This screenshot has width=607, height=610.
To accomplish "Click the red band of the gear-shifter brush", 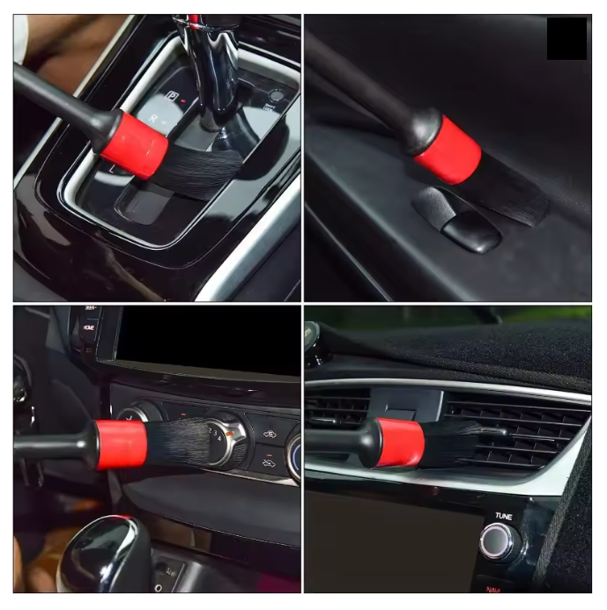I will pyautogui.click(x=135, y=143).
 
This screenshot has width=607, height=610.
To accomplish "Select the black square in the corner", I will pyautogui.click(x=566, y=39).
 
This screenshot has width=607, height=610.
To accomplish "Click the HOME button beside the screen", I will pyautogui.click(x=89, y=327).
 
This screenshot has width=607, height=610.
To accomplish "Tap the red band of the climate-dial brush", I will pyautogui.click(x=121, y=444).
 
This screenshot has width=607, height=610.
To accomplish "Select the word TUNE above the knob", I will pyautogui.click(x=504, y=515).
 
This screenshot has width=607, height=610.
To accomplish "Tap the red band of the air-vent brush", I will pyautogui.click(x=399, y=442).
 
